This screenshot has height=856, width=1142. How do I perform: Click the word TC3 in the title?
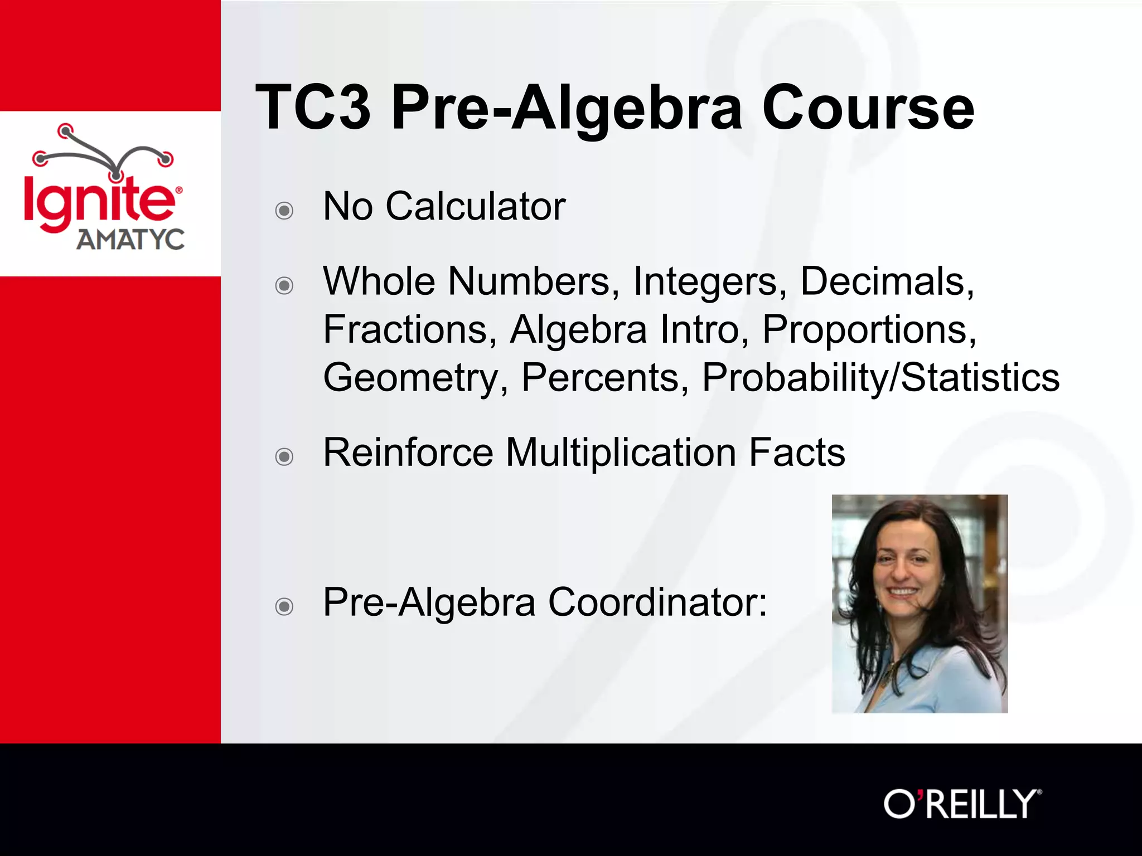click(313, 107)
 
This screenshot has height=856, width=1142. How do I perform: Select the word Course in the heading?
click(868, 107)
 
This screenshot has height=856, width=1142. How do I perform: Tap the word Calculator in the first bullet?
click(475, 207)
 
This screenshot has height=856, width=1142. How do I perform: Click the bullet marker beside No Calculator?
click(284, 211)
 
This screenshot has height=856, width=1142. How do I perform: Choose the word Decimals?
click(887, 281)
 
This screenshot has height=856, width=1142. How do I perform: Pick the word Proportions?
click(869, 329)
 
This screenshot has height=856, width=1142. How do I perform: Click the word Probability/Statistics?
click(880, 378)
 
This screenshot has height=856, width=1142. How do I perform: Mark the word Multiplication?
click(621, 452)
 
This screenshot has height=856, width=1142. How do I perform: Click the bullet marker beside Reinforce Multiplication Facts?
click(284, 457)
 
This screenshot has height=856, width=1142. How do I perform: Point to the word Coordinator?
click(657, 602)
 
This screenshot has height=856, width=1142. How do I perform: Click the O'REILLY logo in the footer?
click(962, 804)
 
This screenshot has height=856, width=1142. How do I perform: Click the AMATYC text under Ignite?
click(130, 240)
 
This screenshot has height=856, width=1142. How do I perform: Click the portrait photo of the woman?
click(920, 604)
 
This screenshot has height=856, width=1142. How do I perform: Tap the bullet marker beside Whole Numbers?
click(284, 286)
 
